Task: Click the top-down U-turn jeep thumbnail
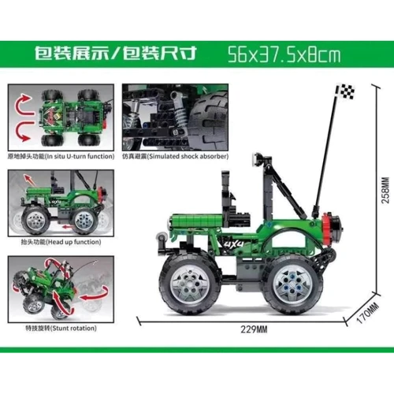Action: pyautogui.click(x=59, y=118)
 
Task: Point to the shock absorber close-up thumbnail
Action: pyautogui.click(x=175, y=118)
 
